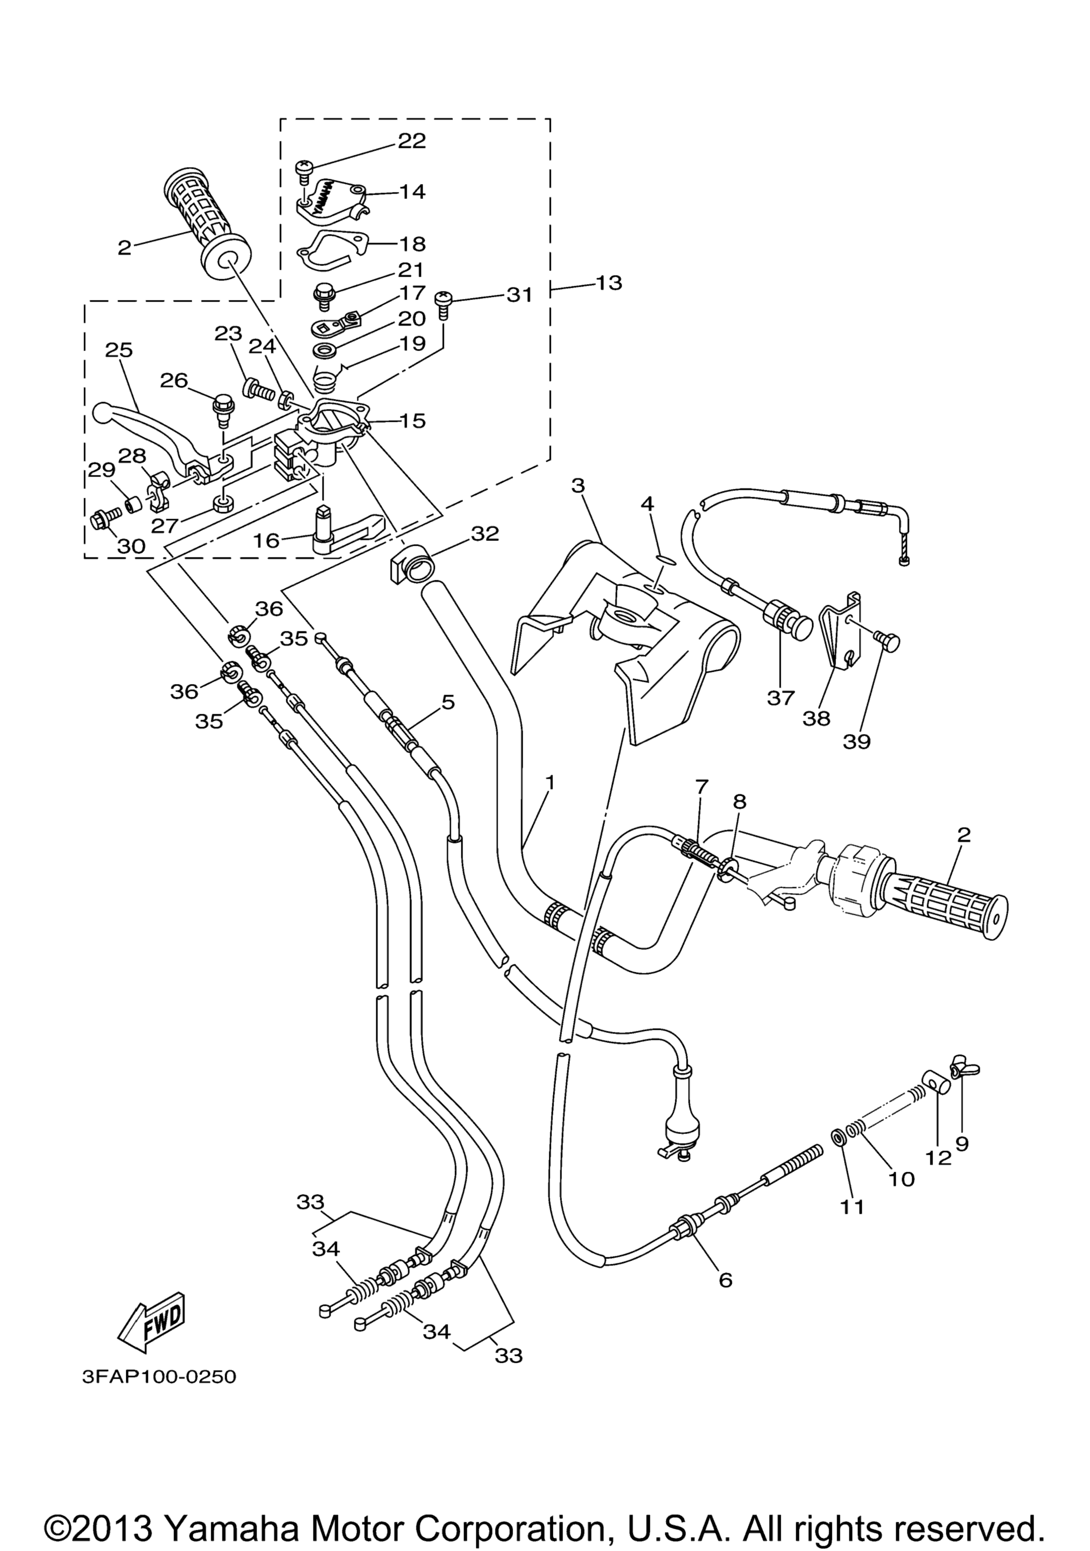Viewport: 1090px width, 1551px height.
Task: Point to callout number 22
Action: tap(412, 140)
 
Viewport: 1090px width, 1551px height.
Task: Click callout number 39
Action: tap(856, 741)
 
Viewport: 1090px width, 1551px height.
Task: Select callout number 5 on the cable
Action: tap(448, 702)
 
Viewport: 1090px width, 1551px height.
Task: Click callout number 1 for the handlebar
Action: tap(550, 782)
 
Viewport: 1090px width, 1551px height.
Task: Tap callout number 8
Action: tap(740, 802)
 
